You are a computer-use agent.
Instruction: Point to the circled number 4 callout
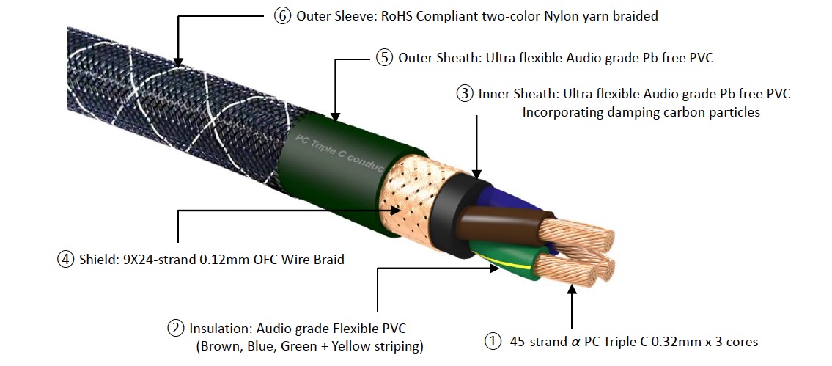point(66,259)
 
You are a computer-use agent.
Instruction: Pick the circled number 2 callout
point(176,328)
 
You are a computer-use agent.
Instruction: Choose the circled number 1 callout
point(493,342)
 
